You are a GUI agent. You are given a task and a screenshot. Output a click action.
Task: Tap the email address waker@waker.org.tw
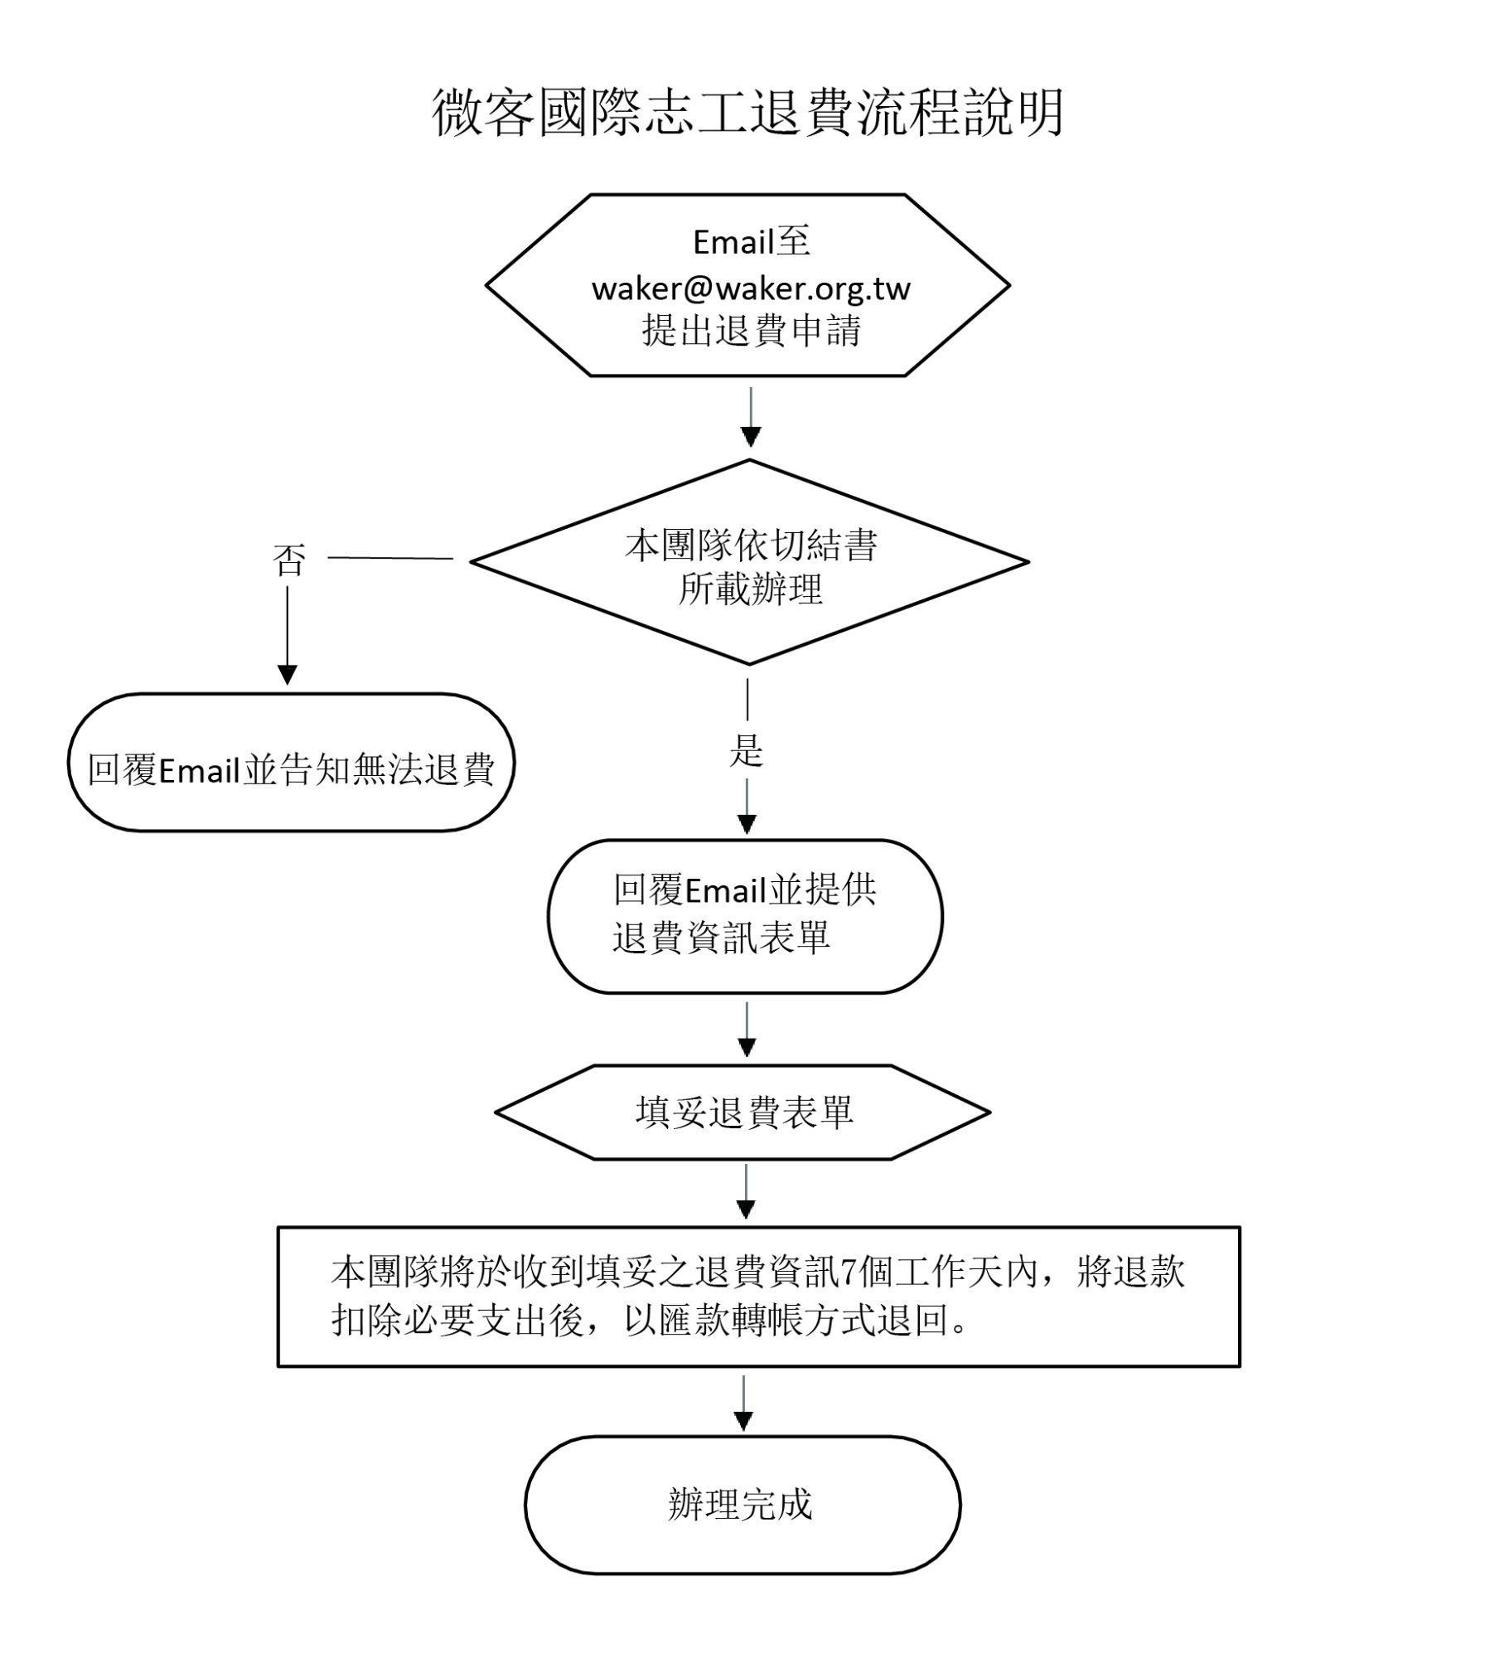point(751,288)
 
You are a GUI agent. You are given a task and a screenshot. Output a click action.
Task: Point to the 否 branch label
point(289,560)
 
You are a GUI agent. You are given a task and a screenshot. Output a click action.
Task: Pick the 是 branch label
point(747,750)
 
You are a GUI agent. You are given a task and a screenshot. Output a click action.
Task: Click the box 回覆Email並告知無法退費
point(291,763)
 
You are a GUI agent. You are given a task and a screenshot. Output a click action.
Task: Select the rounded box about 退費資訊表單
point(745,916)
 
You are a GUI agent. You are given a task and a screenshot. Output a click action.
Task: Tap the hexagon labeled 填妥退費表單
point(742,1113)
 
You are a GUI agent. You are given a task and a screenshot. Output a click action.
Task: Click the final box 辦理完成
point(742,1505)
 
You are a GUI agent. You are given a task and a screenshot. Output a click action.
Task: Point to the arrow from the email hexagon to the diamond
point(751,418)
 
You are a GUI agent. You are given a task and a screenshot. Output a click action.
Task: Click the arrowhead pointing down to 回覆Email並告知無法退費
point(288,675)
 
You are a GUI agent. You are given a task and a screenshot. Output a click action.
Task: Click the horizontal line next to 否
point(390,558)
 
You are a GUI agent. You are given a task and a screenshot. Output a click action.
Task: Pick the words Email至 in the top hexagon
point(752,242)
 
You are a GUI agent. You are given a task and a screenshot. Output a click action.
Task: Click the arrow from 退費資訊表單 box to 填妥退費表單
point(747,1030)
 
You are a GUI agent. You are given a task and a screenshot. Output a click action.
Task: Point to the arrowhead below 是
point(747,824)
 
